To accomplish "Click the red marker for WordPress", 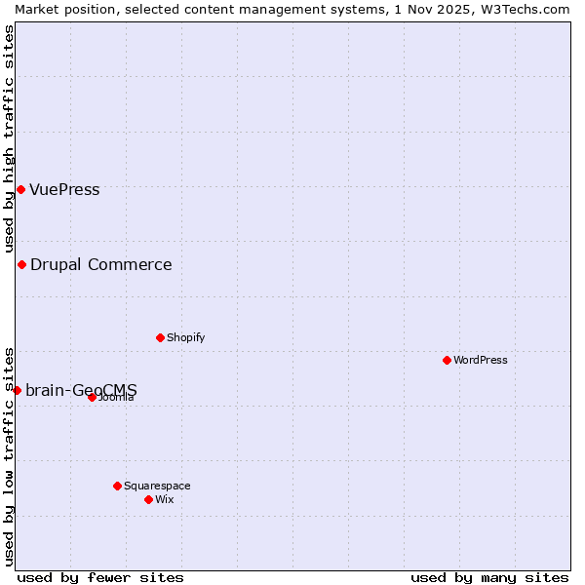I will (447, 360).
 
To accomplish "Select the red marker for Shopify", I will (160, 337).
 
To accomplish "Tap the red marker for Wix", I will (148, 499).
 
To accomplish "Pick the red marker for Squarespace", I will (117, 486).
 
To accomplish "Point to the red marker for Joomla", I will (92, 397).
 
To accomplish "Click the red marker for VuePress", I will (20, 189).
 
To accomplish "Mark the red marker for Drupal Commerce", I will (21, 264).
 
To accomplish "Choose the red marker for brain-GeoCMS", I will (17, 390).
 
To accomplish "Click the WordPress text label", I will (481, 360).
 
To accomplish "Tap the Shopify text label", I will (185, 337).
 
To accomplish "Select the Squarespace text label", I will (157, 486).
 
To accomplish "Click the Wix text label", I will (164, 499).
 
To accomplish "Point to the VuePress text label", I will (64, 189).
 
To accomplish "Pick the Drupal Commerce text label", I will (100, 264).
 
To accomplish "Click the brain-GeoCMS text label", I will (81, 390).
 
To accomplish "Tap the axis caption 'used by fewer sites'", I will (100, 577).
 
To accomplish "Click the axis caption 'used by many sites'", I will (489, 577).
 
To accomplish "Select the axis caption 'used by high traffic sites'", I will (9, 138).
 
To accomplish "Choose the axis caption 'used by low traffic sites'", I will (9, 455).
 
